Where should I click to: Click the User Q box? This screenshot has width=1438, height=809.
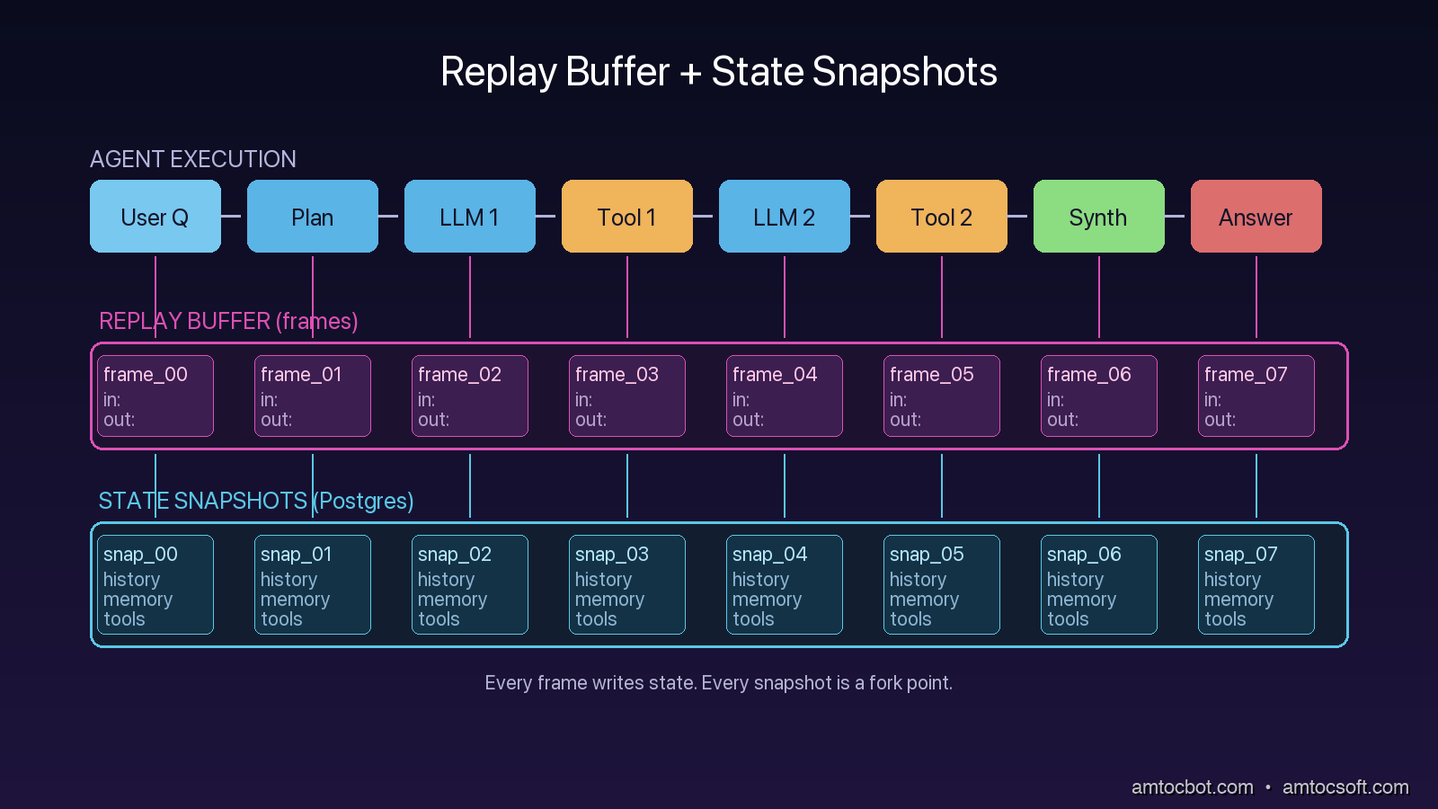click(x=155, y=217)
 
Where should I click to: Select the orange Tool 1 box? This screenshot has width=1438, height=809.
click(x=626, y=217)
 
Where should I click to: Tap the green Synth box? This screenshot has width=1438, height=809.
click(x=1098, y=217)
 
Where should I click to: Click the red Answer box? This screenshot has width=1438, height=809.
click(x=1256, y=217)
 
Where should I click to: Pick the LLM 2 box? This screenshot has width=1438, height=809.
click(x=784, y=217)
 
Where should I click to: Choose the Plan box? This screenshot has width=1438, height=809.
click(x=312, y=217)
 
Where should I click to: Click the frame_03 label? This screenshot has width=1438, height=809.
click(x=617, y=374)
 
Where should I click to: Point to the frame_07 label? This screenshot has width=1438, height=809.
click(x=1246, y=374)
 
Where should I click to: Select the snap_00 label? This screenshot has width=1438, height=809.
click(x=140, y=554)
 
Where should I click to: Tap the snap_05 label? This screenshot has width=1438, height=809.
click(x=927, y=554)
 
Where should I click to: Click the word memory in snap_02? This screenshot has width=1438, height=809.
click(x=452, y=600)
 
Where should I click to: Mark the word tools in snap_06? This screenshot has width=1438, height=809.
click(x=1068, y=619)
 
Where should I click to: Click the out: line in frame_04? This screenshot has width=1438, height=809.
click(x=748, y=420)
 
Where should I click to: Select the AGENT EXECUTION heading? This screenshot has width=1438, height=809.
click(x=193, y=159)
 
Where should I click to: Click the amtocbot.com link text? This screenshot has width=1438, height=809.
click(x=1192, y=787)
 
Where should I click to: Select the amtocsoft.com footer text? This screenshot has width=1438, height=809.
click(x=1345, y=787)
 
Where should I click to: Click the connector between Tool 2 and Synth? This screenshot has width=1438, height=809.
click(x=1019, y=216)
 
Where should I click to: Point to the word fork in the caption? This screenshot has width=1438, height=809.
click(x=885, y=682)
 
